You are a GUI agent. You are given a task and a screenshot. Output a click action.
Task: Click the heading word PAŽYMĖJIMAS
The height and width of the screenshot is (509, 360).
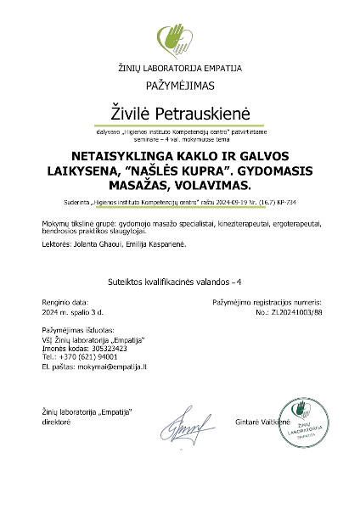tap(180, 86)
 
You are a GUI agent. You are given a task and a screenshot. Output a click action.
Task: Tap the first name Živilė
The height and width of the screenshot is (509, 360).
tap(133, 111)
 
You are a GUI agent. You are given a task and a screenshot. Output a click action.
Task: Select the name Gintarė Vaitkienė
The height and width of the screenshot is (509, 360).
tap(261, 421)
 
